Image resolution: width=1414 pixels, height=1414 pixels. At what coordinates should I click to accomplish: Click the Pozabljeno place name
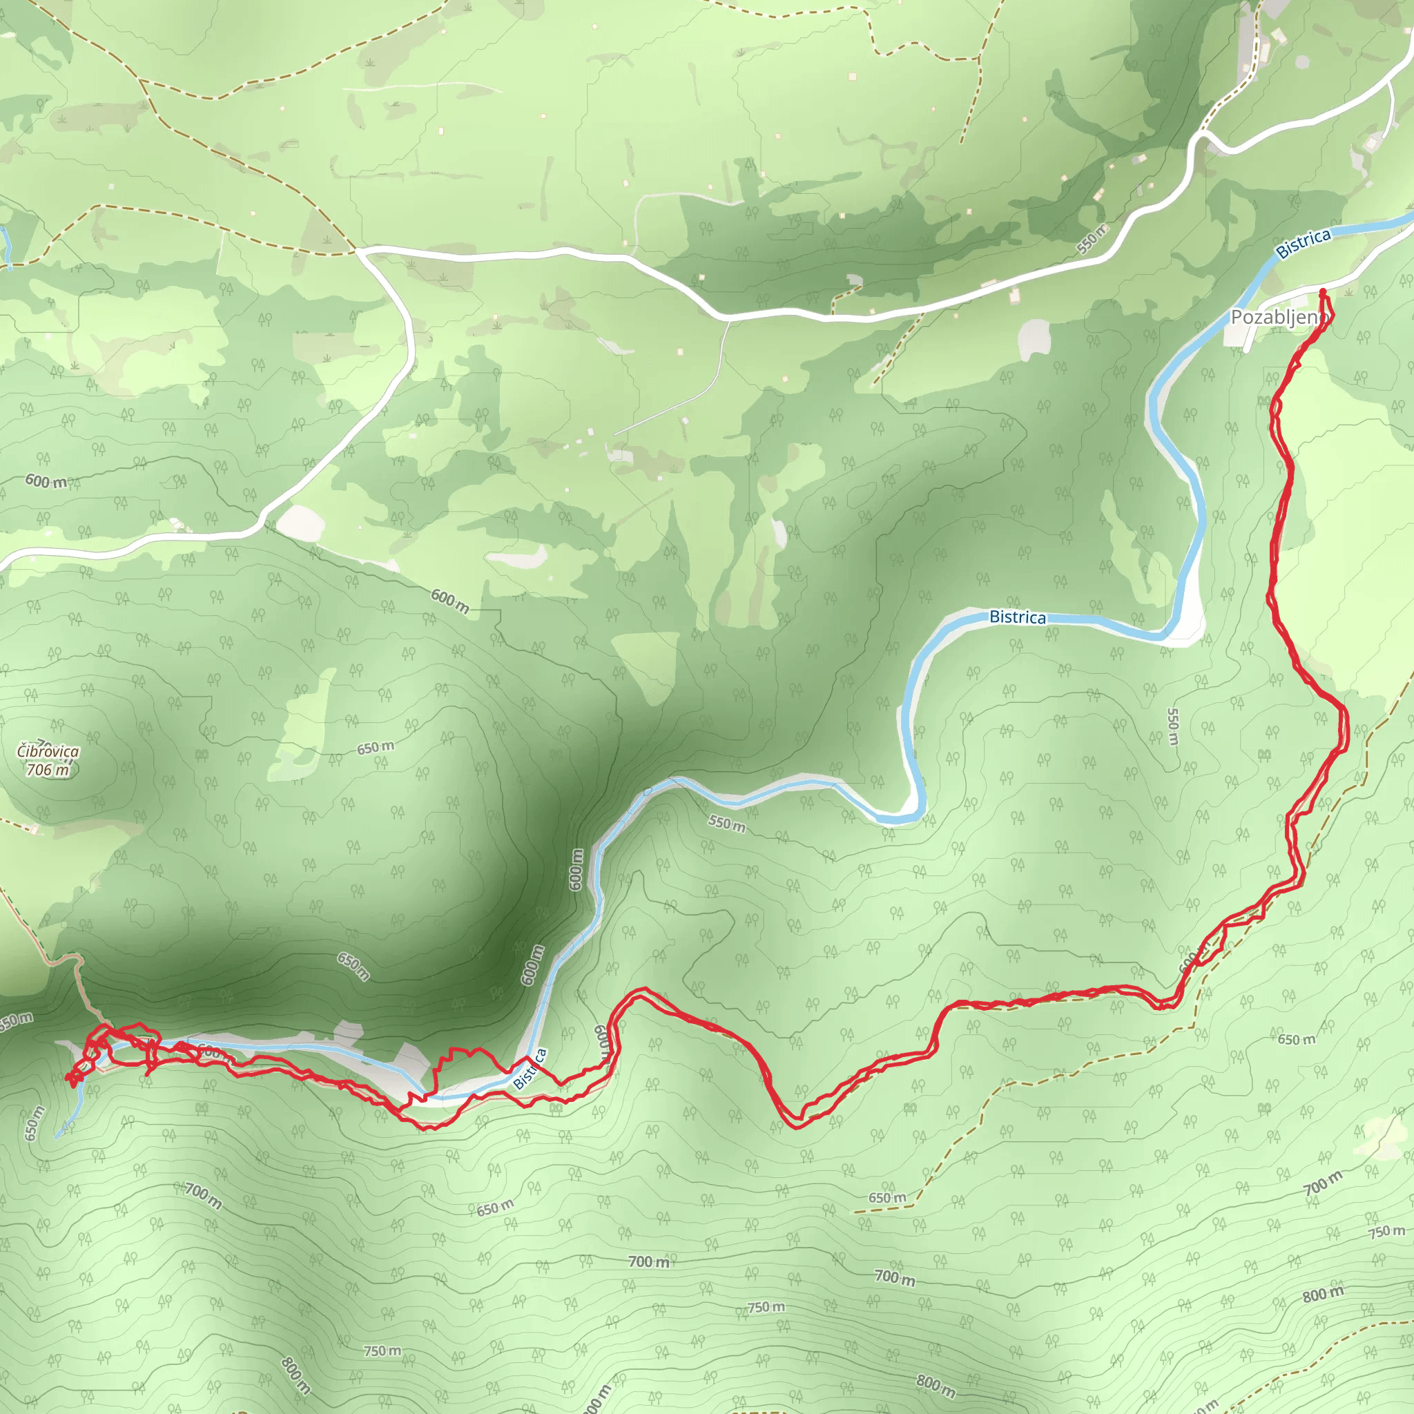point(1278,318)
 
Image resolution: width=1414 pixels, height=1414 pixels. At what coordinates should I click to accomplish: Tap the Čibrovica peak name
point(48,752)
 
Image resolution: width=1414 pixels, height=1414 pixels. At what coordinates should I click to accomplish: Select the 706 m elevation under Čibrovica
point(48,770)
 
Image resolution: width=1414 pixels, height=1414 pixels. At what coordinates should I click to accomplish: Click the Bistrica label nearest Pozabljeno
point(1303,244)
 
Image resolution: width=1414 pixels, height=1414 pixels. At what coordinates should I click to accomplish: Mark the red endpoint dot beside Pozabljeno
point(1322,293)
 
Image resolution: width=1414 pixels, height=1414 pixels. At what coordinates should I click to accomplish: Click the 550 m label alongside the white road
point(1092,239)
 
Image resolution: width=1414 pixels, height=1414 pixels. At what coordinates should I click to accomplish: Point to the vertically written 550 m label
point(1172,727)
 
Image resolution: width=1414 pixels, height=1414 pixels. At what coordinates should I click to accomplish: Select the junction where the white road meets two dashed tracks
point(356,251)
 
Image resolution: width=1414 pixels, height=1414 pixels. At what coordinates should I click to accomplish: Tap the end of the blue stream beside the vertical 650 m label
point(57,1137)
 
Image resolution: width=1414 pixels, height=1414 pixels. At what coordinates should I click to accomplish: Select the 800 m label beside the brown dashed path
point(1324,1294)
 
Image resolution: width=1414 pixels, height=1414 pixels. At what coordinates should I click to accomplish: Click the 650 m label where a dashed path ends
point(887,1198)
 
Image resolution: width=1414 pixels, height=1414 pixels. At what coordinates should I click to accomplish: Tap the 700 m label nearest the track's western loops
point(203,1195)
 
